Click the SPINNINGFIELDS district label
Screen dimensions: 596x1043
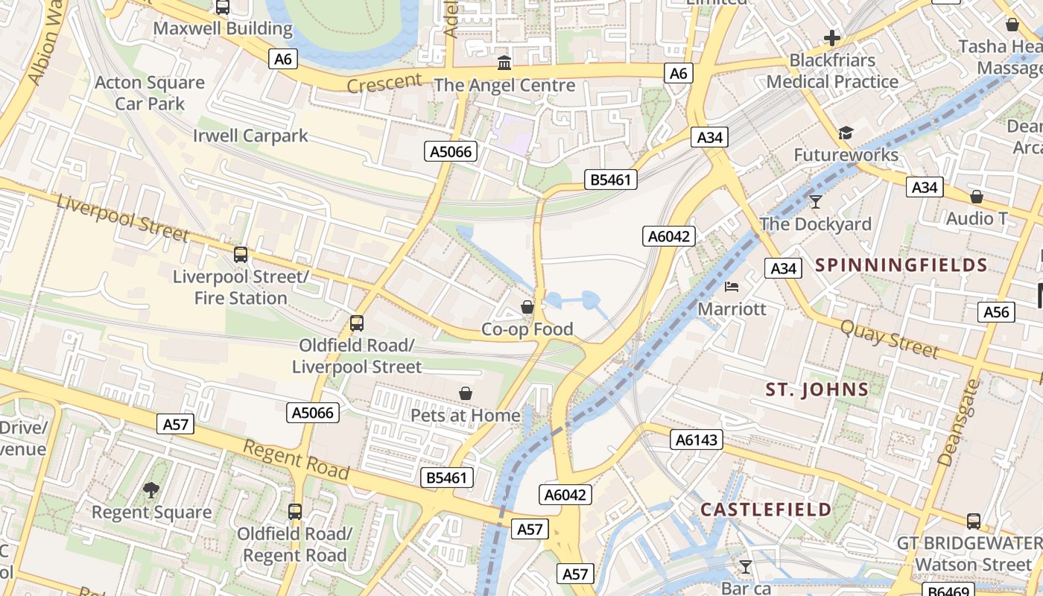(901, 265)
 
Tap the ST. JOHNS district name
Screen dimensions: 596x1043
(817, 389)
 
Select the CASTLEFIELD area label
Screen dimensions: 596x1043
(766, 510)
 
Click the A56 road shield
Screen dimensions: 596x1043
(996, 312)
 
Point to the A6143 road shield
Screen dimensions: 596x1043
(697, 440)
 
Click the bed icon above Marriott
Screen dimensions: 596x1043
(732, 287)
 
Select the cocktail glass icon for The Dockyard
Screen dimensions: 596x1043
(816, 201)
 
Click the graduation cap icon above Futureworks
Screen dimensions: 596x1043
(845, 133)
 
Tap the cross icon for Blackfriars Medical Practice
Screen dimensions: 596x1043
(832, 38)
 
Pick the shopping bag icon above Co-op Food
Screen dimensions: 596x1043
(527, 307)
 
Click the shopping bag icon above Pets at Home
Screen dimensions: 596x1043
(466, 393)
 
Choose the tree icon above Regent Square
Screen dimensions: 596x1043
(151, 489)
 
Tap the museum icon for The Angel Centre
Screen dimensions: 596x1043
(504, 63)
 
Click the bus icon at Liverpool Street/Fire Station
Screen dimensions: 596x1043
(240, 255)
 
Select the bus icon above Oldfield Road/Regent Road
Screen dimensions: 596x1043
(295, 512)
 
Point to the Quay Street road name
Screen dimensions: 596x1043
(890, 338)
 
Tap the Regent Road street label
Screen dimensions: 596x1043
(297, 460)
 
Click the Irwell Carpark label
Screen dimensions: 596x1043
(250, 136)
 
